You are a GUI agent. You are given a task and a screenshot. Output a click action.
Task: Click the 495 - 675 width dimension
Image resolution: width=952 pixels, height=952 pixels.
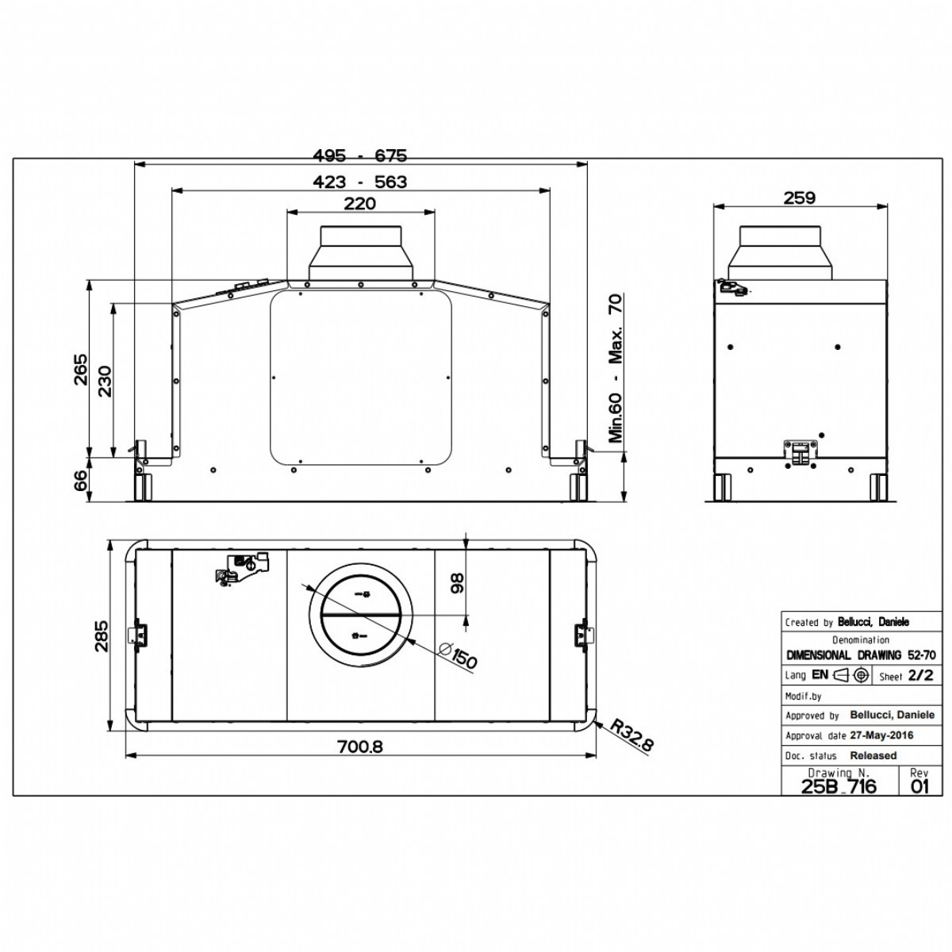(359, 155)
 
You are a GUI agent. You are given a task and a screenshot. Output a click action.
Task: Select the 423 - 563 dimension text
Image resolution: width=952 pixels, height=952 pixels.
(359, 182)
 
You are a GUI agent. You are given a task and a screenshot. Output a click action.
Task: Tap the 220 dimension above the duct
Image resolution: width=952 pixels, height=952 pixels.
(360, 204)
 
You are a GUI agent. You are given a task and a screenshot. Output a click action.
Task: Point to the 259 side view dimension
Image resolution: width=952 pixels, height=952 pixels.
(800, 198)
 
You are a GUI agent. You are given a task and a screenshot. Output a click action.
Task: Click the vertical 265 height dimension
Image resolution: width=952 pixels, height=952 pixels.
(80, 369)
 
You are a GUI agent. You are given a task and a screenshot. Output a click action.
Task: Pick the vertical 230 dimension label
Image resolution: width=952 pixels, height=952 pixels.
(105, 381)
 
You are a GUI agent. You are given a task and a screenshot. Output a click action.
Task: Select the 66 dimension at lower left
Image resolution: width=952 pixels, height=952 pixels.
(80, 480)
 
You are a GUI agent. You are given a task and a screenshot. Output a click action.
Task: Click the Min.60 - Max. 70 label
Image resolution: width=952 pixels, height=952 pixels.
(616, 368)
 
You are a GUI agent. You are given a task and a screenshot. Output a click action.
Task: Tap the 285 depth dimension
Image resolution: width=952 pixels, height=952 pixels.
(101, 635)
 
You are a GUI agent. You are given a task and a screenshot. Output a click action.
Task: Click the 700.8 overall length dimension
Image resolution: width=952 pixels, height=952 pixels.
(360, 747)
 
